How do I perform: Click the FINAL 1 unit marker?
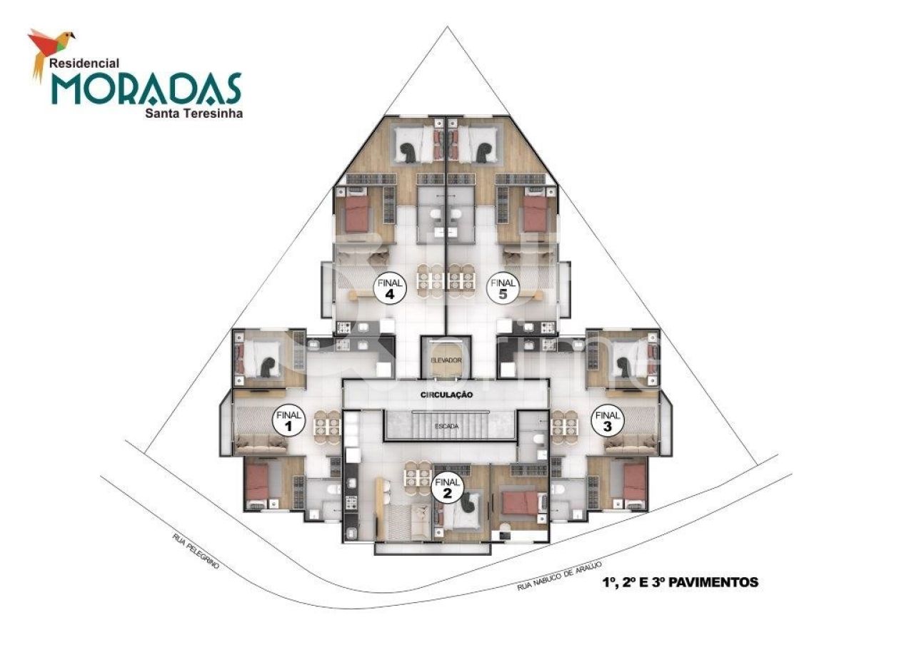click(x=289, y=421)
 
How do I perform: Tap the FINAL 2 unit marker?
click(x=448, y=489)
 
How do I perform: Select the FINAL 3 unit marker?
click(x=608, y=420)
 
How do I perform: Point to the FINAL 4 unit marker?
click(x=391, y=288)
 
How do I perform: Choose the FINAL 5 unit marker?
click(x=503, y=288)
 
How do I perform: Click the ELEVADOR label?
click(x=447, y=360)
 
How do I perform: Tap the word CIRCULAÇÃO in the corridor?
click(x=447, y=394)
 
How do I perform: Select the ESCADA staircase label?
click(x=447, y=426)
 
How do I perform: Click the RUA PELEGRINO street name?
click(x=195, y=550)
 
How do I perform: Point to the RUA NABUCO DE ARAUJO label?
click(x=555, y=576)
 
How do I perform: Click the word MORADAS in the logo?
click(x=146, y=88)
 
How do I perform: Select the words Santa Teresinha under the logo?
click(x=194, y=112)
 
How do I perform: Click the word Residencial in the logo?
click(x=84, y=63)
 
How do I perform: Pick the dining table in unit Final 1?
click(x=326, y=426)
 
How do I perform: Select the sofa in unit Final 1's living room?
click(x=261, y=445)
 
